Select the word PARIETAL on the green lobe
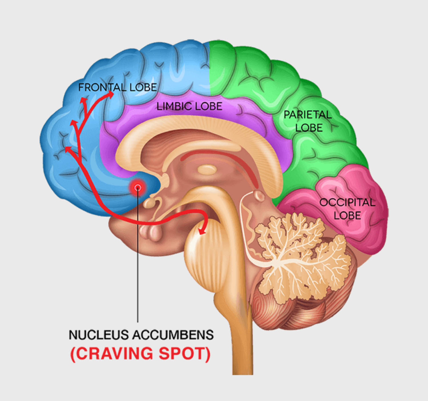[x=307, y=115]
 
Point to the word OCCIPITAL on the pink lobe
[x=347, y=202]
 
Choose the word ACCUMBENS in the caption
[x=173, y=335]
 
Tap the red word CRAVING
[x=112, y=354]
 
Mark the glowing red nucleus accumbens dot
[x=138, y=187]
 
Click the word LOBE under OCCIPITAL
[x=347, y=215]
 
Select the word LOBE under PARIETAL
[x=309, y=127]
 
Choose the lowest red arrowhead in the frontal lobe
[x=68, y=149]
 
